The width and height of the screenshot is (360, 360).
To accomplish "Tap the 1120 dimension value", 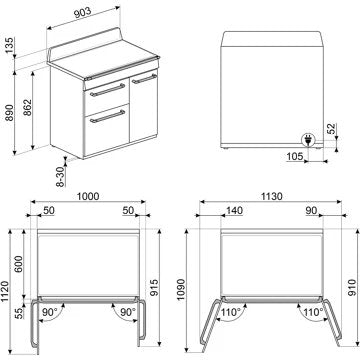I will (x=5, y=290).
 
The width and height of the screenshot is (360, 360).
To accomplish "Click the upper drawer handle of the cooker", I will (x=103, y=89).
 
